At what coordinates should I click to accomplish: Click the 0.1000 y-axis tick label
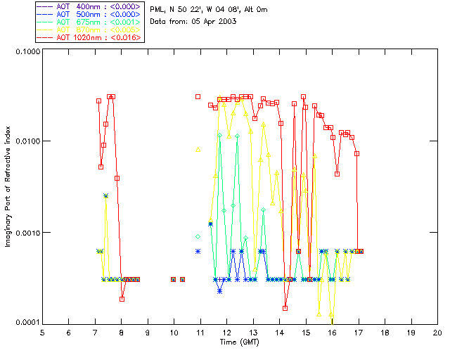[25, 51]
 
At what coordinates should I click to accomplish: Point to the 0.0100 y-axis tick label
[25, 141]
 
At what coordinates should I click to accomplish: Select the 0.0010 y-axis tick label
[25, 232]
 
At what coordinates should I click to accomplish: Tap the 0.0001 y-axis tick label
[25, 322]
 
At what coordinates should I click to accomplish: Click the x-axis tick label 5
[42, 332]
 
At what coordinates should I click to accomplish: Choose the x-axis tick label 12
[226, 332]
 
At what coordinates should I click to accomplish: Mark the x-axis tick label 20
[437, 332]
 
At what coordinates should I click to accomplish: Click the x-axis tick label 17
[359, 332]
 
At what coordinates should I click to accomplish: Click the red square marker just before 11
[198, 96]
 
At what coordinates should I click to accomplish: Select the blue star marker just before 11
[198, 251]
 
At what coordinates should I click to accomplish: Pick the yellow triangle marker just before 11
[198, 149]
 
